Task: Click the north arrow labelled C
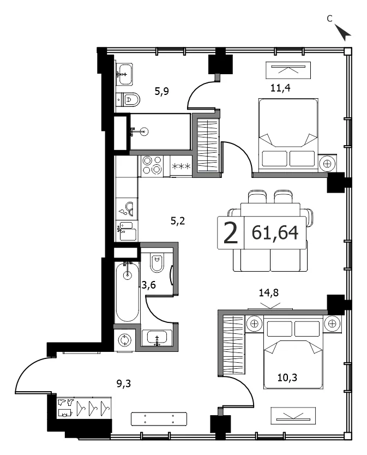[x=343, y=32]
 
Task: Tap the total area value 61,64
[x=275, y=232]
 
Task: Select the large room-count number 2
[x=231, y=232]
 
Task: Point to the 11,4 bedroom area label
[x=280, y=88]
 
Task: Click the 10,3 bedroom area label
[x=287, y=378]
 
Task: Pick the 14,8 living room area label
[x=269, y=292]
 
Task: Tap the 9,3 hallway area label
[x=124, y=384]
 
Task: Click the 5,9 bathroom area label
[x=161, y=92]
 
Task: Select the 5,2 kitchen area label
[x=178, y=221]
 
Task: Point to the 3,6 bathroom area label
[x=148, y=285]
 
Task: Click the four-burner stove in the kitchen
[x=152, y=165]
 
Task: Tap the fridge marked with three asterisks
[x=181, y=166]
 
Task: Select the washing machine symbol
[x=125, y=339]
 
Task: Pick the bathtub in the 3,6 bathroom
[x=128, y=291]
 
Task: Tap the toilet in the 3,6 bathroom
[x=157, y=262]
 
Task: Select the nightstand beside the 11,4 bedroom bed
[x=328, y=163]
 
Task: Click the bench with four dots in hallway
[x=159, y=419]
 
